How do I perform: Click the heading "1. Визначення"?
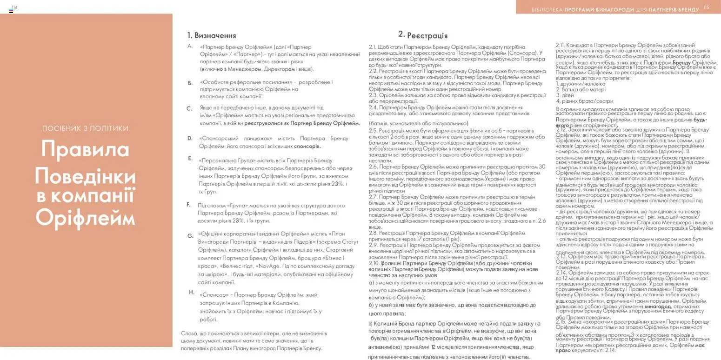coord(211,35)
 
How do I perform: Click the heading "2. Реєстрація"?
coord(423,35)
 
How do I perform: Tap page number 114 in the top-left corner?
coord(14,7)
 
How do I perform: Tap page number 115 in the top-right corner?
coord(706,7)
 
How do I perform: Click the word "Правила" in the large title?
coord(85,149)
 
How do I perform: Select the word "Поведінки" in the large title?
coord(85,176)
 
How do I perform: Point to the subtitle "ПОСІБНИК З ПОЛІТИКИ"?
coord(85,128)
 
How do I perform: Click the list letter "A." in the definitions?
coord(190,46)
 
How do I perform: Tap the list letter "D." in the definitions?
coord(190,138)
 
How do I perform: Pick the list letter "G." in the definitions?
coord(190,236)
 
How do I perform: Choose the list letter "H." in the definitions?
coord(192,293)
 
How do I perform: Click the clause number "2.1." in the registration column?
coord(373,47)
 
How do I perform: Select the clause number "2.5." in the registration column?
coord(373,131)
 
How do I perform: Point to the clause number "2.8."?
coord(373,233)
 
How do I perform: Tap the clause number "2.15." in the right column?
coord(561,322)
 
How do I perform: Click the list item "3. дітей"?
coord(565,95)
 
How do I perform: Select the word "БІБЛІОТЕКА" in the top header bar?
coord(547,10)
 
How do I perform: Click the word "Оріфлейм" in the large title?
coord(85,217)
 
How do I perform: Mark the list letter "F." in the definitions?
coord(188,205)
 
